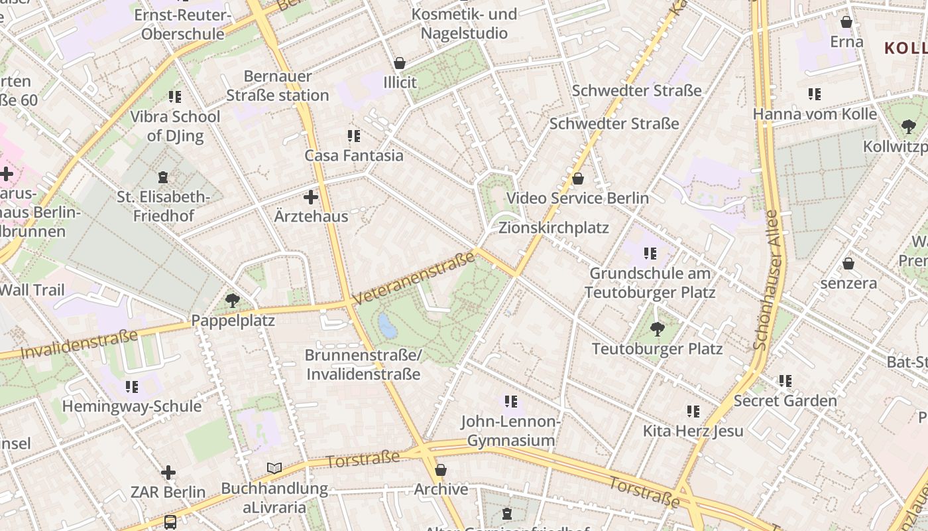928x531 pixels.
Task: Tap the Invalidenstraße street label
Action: pyautogui.click(x=79, y=344)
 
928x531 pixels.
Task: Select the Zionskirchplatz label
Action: pyautogui.click(x=553, y=228)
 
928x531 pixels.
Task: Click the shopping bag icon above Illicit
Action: pyautogui.click(x=400, y=63)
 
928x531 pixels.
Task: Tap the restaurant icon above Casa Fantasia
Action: pyautogui.click(x=354, y=136)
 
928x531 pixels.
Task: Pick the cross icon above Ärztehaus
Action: pyautogui.click(x=311, y=197)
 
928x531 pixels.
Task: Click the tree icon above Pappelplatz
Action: pyautogui.click(x=232, y=301)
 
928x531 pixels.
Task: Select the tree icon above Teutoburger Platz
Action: pyautogui.click(x=657, y=329)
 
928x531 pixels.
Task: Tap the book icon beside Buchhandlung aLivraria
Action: pyautogui.click(x=274, y=469)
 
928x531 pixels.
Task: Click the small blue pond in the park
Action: pyautogui.click(x=384, y=324)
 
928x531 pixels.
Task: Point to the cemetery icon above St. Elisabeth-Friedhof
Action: pyautogui.click(x=163, y=177)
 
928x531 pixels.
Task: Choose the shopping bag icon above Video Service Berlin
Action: pyautogui.click(x=578, y=179)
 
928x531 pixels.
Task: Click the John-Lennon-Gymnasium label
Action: pyautogui.click(x=511, y=431)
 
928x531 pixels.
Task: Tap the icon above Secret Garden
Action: pyautogui.click(x=785, y=381)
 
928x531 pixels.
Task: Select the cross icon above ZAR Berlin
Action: pyautogui.click(x=168, y=473)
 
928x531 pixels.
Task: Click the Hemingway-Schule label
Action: pyautogui.click(x=132, y=406)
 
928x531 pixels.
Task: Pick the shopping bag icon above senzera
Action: pyautogui.click(x=848, y=264)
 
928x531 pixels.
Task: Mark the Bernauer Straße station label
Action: pyautogui.click(x=278, y=86)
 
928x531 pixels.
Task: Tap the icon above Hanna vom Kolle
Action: pyautogui.click(x=815, y=94)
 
